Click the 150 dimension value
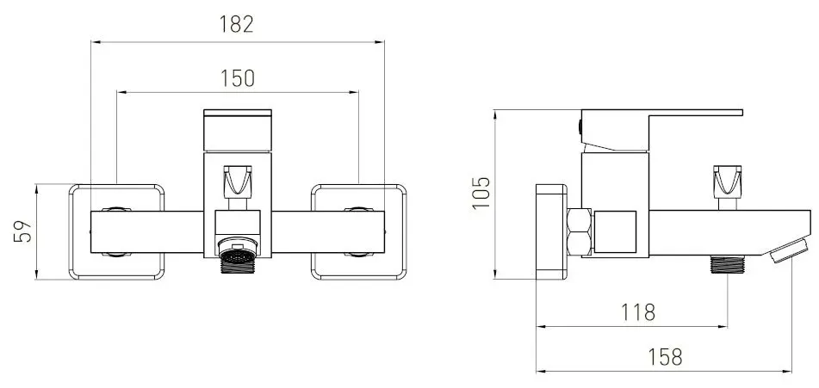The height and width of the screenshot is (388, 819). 237,77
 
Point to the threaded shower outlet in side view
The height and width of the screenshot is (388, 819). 728,263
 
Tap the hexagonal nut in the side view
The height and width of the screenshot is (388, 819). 580,232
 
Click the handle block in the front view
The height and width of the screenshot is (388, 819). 237,131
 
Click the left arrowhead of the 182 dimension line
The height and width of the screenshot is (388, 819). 95,40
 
